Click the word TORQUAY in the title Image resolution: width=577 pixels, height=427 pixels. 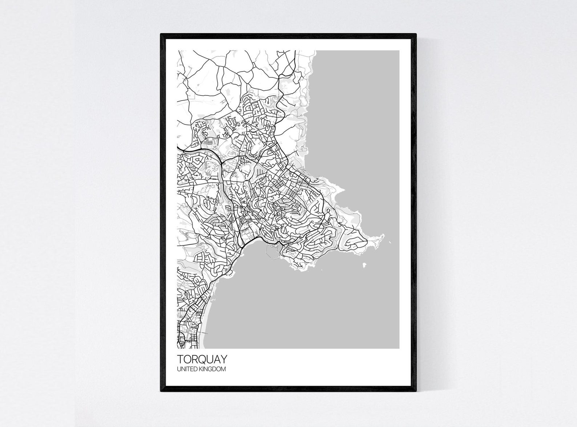point(202,359)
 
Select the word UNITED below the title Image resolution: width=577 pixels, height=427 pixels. point(186,369)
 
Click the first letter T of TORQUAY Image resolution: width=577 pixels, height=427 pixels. point(180,359)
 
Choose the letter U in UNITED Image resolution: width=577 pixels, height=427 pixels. point(178,369)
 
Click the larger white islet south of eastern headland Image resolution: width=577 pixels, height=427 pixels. point(364,267)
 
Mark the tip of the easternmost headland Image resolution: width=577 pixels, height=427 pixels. point(383,236)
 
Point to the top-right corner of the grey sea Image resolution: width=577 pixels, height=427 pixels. point(399,51)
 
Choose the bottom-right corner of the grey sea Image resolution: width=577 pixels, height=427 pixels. point(399,348)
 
